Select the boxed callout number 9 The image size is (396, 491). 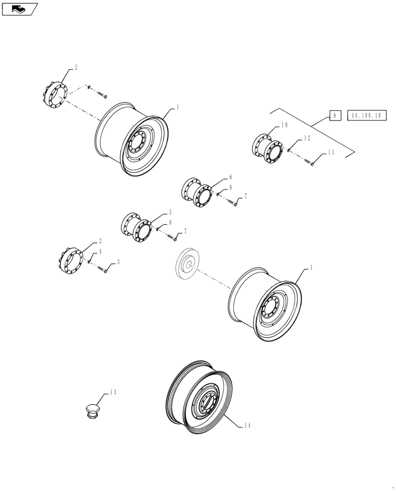pos(334,116)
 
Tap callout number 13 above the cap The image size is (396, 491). pos(113,392)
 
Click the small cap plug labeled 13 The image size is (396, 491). pos(92,410)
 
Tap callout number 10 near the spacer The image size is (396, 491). pos(285,126)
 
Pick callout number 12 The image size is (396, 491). pos(306,139)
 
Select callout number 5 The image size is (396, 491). pos(170,212)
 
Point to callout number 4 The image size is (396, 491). pos(100,251)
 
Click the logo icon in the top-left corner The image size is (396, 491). pos(20,8)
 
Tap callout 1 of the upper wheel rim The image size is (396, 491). pos(177,107)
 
